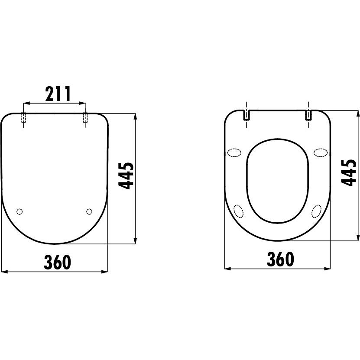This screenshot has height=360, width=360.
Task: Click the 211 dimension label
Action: (x=58, y=94)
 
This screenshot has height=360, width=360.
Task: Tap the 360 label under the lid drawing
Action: (x=57, y=262)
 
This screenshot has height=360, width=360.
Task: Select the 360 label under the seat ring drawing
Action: (x=280, y=259)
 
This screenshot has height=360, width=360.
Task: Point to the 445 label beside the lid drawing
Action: (x=126, y=175)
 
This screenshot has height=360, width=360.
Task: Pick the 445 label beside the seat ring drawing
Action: (x=349, y=173)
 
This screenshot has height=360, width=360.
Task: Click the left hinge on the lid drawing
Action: (x=23, y=117)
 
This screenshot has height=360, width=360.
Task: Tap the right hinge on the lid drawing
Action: (x=85, y=117)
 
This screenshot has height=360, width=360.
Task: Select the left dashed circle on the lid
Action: (x=19, y=211)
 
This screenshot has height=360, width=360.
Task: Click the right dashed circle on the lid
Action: (x=89, y=211)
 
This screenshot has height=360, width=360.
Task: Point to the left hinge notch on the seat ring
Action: (x=246, y=115)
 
